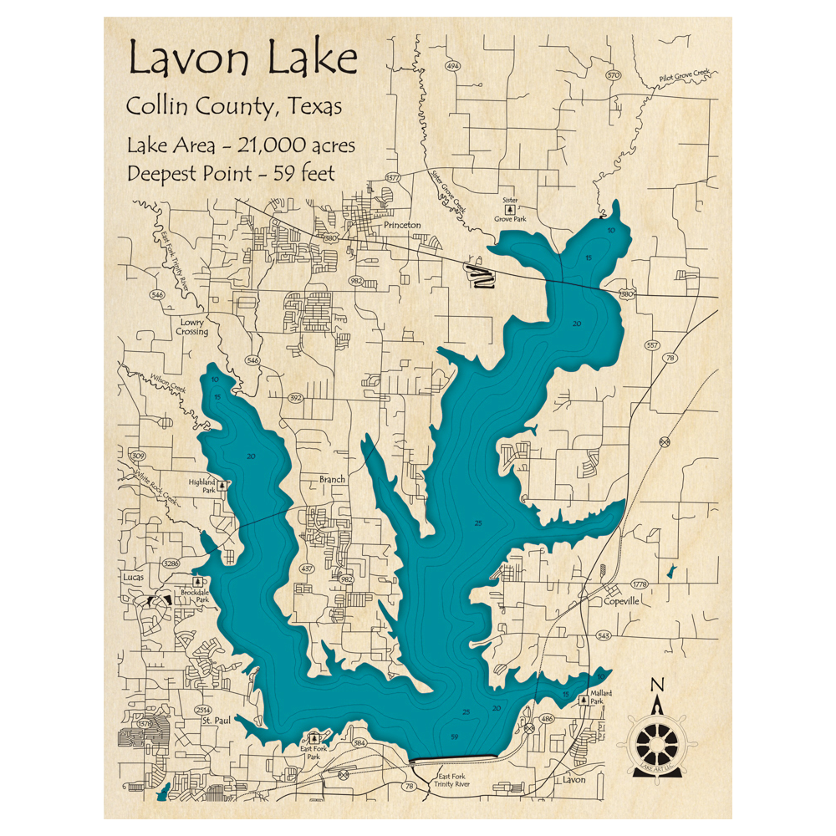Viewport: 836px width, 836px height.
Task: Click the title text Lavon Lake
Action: (x=242, y=60)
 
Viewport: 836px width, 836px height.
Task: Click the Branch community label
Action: (x=332, y=480)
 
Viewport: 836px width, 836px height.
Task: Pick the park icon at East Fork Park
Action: (x=314, y=737)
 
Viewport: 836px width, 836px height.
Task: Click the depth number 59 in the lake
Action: (x=454, y=737)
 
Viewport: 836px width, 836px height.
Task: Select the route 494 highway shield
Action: (x=453, y=66)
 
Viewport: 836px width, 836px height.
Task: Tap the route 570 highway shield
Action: (x=614, y=75)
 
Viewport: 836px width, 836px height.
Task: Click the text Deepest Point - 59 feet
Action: (x=231, y=174)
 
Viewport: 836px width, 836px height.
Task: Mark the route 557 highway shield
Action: (x=651, y=345)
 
